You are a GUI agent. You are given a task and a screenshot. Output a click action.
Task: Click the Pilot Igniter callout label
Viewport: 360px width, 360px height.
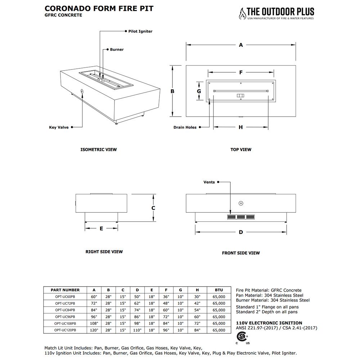[140, 31]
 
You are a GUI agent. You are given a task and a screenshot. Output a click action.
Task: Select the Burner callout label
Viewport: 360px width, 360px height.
[117, 49]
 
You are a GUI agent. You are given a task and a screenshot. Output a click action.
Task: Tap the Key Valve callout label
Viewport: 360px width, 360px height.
[59, 127]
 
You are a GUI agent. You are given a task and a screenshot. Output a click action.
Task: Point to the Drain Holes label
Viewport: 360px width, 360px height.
[185, 127]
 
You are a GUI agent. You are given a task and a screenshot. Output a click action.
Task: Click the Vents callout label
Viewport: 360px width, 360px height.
[209, 182]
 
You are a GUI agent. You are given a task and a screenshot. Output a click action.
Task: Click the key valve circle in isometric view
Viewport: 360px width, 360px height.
[82, 91]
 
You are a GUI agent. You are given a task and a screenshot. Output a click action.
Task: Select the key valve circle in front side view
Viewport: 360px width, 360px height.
[241, 203]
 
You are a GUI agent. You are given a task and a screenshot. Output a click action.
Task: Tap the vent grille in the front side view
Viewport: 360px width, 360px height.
[241, 217]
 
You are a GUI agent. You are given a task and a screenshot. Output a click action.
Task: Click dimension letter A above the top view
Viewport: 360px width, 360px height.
[241, 45]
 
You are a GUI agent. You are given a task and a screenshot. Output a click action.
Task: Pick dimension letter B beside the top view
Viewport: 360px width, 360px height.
[172, 91]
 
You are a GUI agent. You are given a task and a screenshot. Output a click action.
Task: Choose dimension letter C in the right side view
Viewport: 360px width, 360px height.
[153, 208]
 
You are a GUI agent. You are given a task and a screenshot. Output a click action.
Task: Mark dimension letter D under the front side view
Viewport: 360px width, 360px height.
[241, 232]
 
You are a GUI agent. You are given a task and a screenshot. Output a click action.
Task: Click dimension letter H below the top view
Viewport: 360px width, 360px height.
[240, 127]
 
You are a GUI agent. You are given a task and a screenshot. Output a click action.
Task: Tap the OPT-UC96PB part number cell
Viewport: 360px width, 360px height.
[65, 316]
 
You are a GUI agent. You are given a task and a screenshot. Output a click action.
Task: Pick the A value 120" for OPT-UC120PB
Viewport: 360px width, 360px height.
[94, 330]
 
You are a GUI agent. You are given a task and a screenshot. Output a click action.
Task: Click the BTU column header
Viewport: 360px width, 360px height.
[219, 290]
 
